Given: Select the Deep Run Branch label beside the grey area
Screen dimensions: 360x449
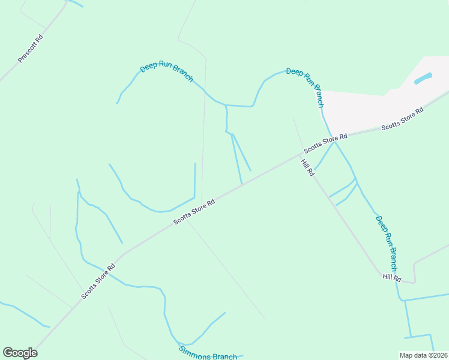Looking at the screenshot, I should (x=306, y=87).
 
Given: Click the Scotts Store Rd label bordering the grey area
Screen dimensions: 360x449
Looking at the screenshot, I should (x=402, y=119).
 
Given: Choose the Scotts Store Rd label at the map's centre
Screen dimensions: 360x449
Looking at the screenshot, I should (x=194, y=212).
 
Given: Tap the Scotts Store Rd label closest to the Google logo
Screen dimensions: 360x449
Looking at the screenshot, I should (x=98, y=281).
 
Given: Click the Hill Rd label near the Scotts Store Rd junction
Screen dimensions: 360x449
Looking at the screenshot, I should (x=307, y=169).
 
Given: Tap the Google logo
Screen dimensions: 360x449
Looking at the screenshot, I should (x=20, y=353).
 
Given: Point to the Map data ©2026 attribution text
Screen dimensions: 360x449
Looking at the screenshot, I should (x=423, y=355).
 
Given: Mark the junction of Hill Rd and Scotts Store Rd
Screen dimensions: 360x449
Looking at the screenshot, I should (x=300, y=154).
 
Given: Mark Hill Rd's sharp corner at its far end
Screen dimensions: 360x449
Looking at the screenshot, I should (x=414, y=281).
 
